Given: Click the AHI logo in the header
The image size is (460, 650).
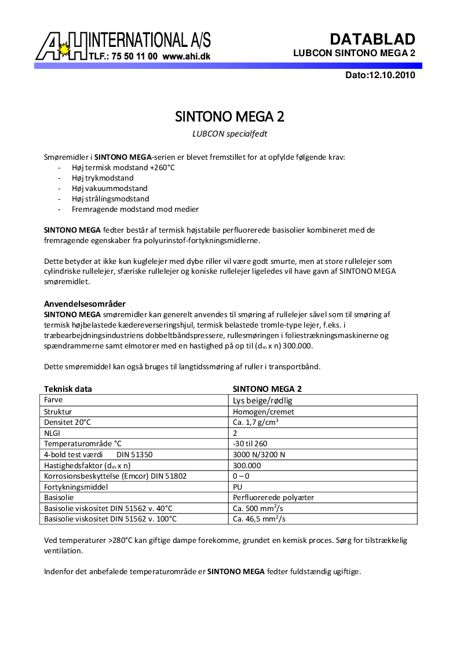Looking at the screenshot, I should pos(64,46).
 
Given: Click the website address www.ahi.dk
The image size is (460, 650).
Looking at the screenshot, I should pos(186,57).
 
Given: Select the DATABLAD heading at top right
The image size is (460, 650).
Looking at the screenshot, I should pos(373,39).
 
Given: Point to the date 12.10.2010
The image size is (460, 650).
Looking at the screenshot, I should pos(392,75).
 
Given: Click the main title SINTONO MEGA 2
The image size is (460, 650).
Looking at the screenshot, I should pos(229,117).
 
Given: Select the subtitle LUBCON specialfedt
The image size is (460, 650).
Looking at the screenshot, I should pos(229,134).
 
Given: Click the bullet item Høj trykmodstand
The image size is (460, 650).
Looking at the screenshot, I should pos(103,178).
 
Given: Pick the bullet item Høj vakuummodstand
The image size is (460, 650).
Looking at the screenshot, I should pos(109,188).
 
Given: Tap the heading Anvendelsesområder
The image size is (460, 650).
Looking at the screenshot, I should pos(85,304).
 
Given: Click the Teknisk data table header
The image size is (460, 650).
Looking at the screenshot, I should pos(68,389).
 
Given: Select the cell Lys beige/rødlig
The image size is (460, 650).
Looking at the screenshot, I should pos(266,400).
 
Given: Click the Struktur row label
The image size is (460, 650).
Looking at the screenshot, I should pos(59,412).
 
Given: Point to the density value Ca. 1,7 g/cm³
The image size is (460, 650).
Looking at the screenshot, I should pos(255,422).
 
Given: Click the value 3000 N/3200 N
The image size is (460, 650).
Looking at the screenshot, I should pos(258,454).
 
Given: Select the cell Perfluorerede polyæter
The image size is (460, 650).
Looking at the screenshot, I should pos(273,497).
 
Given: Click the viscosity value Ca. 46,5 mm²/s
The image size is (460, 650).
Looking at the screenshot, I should pos(259,519).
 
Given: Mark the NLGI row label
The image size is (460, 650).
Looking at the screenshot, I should pos(52,433).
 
